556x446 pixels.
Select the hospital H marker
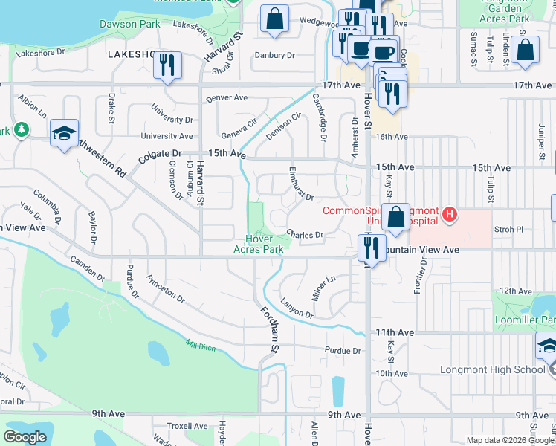(448, 216)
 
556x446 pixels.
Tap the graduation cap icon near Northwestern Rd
(65, 135)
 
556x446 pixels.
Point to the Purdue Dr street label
(342, 350)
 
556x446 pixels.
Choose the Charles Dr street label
(306, 235)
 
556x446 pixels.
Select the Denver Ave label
(227, 97)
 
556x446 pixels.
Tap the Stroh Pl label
(509, 230)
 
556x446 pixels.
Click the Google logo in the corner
(25, 436)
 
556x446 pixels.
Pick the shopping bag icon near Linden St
(525, 50)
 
